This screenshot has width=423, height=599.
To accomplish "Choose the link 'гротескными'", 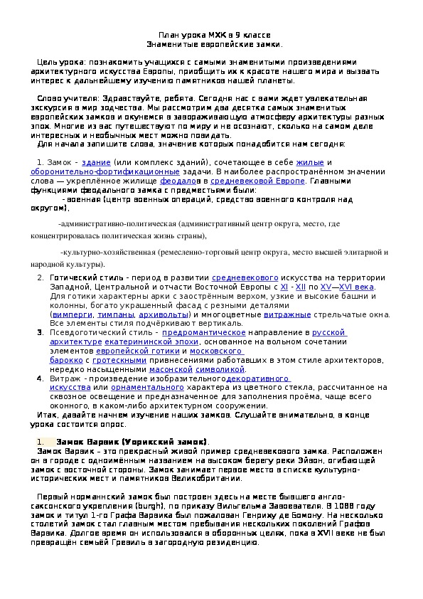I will (x=120, y=361).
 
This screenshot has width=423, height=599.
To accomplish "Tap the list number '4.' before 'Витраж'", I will (x=41, y=379).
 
